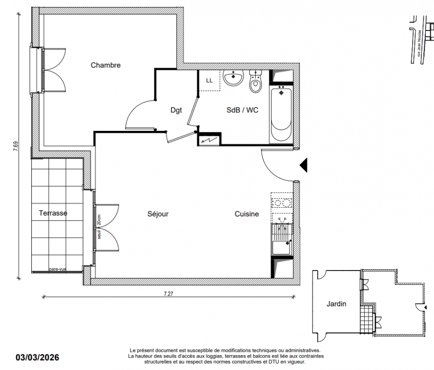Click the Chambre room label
coord(106,65)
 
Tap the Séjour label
coord(158,214)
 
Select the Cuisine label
coord(247,214)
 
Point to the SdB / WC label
coord(242,110)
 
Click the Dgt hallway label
coord(176,111)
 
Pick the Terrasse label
coord(53,213)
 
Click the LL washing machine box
coord(209,80)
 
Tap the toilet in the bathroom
coord(255,81)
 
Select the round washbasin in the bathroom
coord(233,78)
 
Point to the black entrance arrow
coord(304,165)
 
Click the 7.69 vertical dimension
coord(16,146)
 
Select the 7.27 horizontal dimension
coord(168,294)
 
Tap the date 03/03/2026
coord(37,357)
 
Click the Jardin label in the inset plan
coord(336,304)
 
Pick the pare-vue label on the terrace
coord(58,269)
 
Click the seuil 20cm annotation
coord(99,227)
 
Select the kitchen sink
coord(282,240)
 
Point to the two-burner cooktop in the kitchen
coord(282,203)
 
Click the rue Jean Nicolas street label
coord(419,43)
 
